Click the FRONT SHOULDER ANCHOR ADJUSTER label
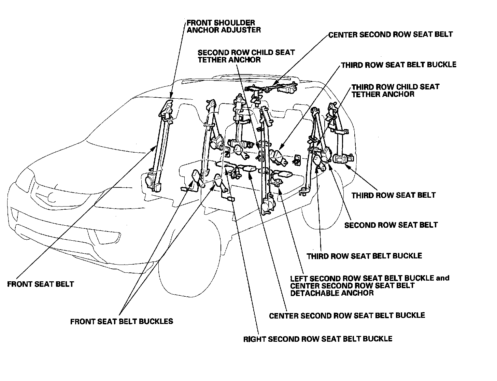tap(224, 26)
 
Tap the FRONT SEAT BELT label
tap(41, 284)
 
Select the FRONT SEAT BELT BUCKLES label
tap(122, 321)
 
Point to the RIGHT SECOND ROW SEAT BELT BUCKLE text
tap(317, 339)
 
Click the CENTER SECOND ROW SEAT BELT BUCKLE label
tap(347, 315)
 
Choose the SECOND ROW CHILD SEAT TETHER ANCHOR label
tap(246, 56)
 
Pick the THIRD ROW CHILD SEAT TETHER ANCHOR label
tap(395, 90)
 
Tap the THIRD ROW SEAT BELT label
tap(394, 195)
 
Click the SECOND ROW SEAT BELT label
tap(391, 225)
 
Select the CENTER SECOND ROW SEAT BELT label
tap(390, 34)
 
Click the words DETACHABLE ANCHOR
tap(332, 293)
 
